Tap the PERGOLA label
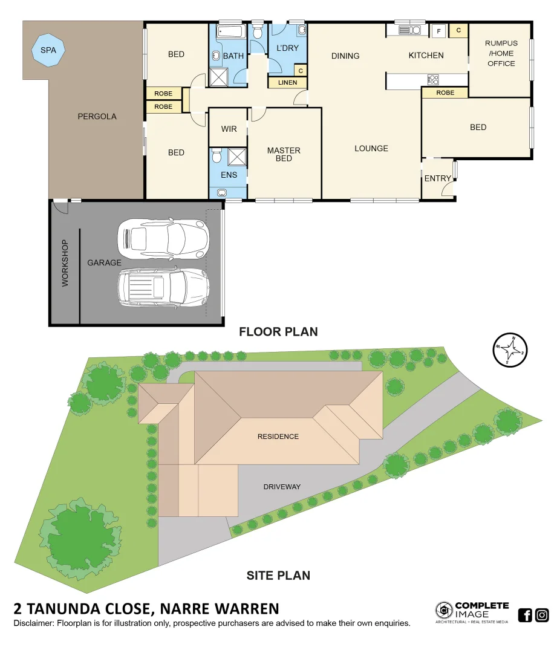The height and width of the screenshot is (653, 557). (97, 116)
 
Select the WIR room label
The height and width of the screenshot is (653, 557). (229, 129)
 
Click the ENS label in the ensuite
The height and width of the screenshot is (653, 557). (229, 175)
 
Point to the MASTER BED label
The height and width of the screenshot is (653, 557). (284, 154)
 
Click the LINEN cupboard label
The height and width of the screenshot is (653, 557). (287, 83)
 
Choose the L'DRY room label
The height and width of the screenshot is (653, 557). (288, 48)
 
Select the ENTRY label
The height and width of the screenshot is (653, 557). (438, 178)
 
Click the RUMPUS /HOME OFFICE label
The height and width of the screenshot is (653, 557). (501, 53)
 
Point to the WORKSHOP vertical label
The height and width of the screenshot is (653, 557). (65, 263)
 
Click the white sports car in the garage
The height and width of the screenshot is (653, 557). (163, 236)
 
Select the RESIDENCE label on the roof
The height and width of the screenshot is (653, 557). (278, 437)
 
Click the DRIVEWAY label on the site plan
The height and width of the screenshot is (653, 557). (282, 487)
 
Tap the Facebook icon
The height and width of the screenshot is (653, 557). (525, 616)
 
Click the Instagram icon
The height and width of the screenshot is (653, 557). (542, 616)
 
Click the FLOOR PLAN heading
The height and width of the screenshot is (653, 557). (278, 331)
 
